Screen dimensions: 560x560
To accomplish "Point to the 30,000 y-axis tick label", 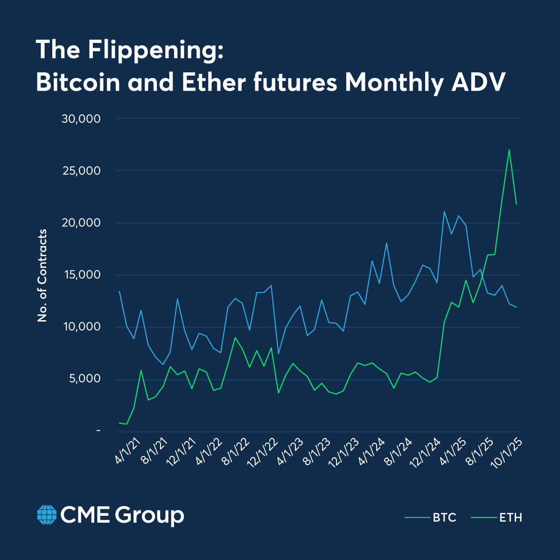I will tap(81, 119).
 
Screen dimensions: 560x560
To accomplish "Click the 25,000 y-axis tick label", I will tap(81, 171).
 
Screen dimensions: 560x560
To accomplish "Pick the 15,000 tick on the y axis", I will tap(81, 275).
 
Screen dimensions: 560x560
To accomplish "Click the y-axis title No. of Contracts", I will tap(42, 275).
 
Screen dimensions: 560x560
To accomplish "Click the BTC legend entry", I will tap(430, 518).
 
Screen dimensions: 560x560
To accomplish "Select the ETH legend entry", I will tap(497, 518).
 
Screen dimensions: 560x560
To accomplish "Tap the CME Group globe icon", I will tap(46, 515).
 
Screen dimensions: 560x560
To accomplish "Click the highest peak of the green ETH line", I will tap(509, 150).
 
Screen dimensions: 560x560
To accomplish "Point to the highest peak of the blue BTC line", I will tap(444, 211).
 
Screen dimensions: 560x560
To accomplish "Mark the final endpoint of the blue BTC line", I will tap(516, 307).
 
